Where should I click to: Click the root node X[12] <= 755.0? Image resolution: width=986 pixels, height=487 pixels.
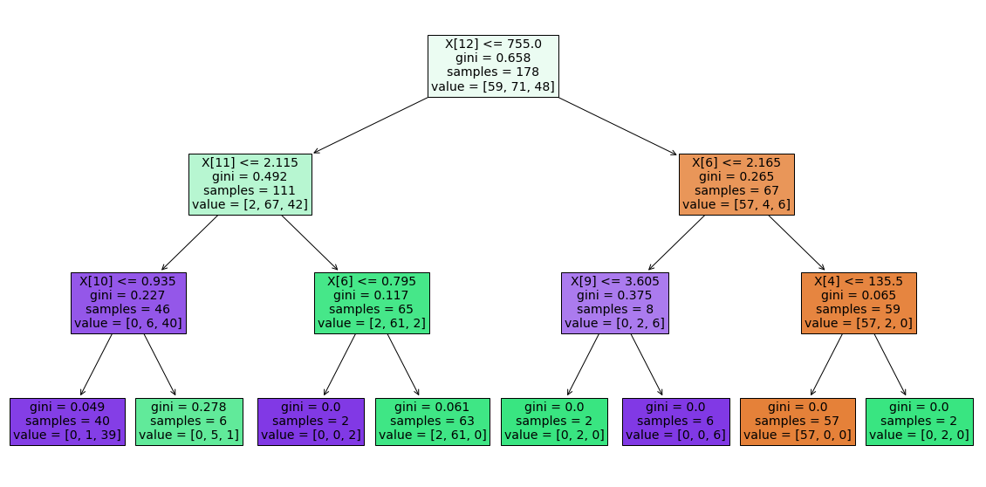(493, 65)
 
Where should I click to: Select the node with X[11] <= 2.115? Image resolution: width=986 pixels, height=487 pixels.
(250, 184)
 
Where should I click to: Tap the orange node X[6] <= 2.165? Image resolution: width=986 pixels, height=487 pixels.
(736, 184)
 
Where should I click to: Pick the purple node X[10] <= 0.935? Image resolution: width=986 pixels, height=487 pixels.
(129, 303)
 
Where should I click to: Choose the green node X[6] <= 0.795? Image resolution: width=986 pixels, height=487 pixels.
(372, 303)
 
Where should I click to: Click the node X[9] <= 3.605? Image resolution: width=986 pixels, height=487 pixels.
(615, 303)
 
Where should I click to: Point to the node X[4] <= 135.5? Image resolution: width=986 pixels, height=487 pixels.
(859, 303)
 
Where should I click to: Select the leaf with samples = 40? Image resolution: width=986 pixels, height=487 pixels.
(68, 422)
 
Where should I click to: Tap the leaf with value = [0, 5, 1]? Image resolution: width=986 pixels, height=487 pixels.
(188, 422)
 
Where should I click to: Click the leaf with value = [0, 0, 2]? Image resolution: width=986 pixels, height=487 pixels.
(311, 422)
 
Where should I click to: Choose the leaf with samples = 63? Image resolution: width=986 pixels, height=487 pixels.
(432, 422)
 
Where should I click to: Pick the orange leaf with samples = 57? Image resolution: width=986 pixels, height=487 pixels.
(797, 422)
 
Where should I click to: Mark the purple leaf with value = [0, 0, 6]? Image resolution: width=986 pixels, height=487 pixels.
(675, 422)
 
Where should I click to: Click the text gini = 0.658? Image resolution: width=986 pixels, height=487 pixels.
(493, 58)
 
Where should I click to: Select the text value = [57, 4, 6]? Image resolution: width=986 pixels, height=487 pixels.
(736, 206)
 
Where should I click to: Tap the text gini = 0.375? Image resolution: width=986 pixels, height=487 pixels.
(615, 295)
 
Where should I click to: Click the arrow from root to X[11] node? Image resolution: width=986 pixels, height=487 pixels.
(371, 125)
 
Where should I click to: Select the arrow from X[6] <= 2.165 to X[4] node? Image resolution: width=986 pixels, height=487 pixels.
(796, 243)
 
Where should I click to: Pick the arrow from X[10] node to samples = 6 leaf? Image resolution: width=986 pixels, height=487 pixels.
(160, 365)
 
